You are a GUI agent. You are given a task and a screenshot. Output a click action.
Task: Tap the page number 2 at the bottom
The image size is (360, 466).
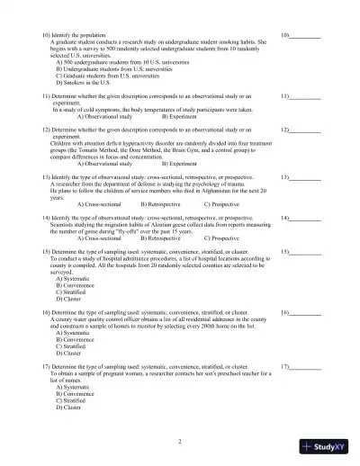pos(180,442)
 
